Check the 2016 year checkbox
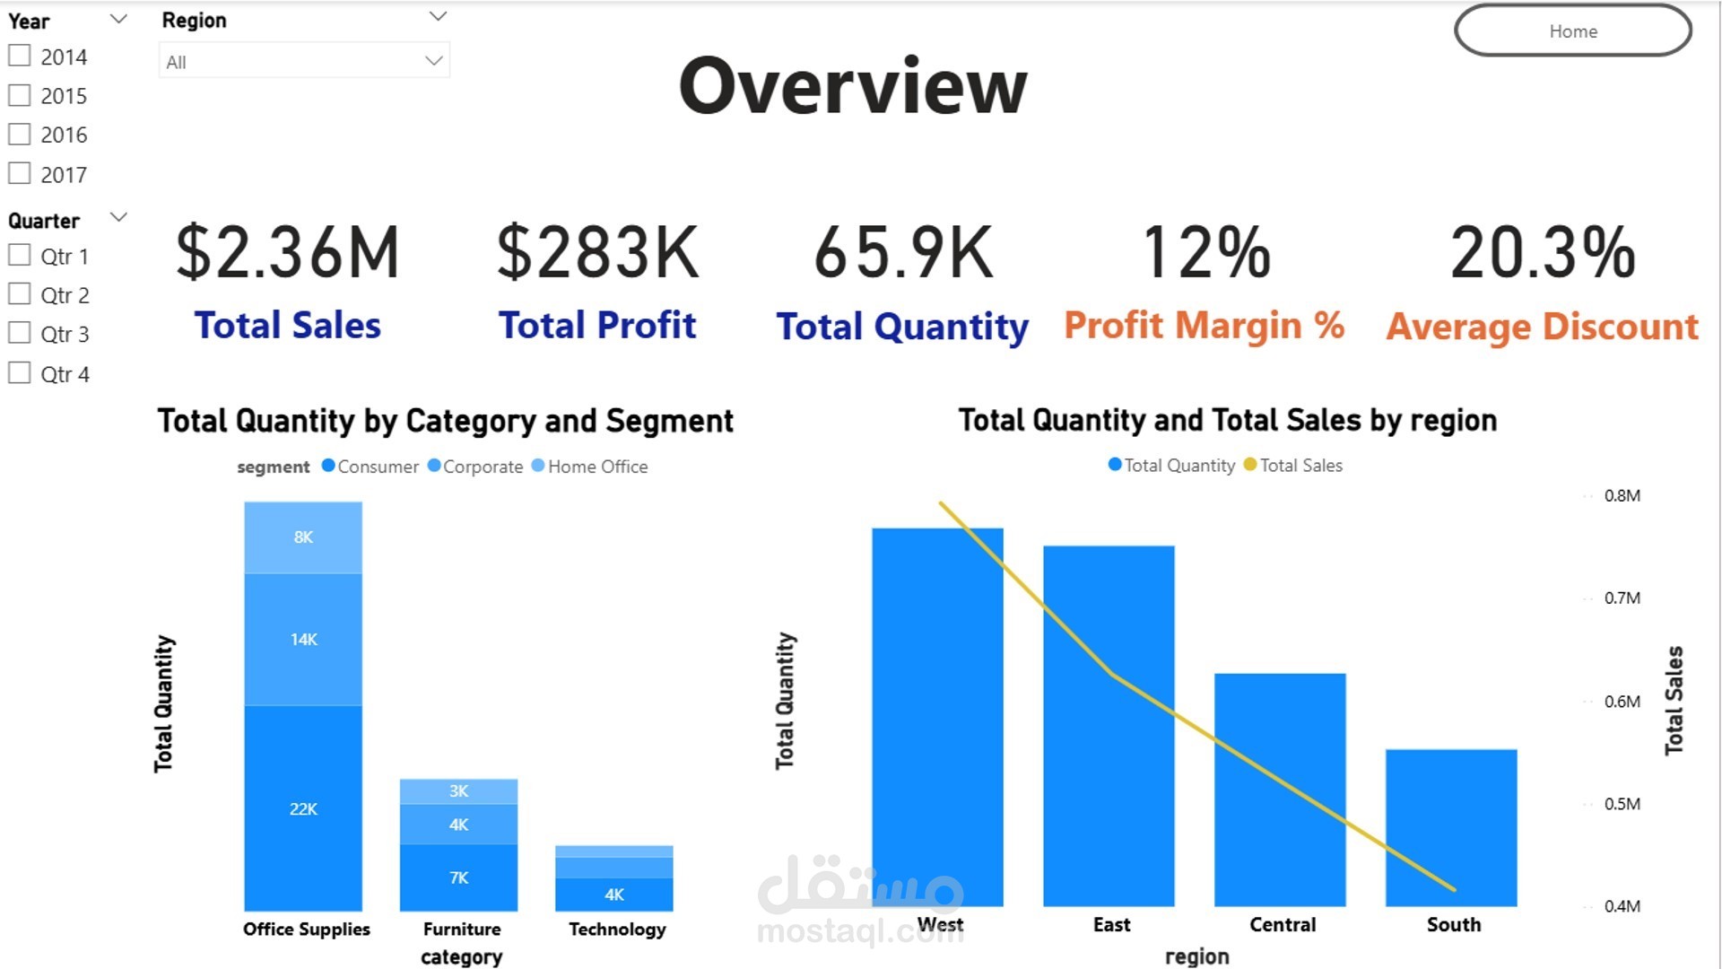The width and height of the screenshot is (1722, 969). click(x=20, y=135)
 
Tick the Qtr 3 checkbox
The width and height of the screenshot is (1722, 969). click(x=20, y=334)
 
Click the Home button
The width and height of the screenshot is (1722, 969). click(x=1572, y=31)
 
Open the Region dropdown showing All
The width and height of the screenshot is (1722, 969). click(x=304, y=61)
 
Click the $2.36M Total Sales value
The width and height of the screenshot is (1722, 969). click(x=287, y=253)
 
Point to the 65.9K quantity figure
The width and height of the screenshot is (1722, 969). click(x=903, y=253)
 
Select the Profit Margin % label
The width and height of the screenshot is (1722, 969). click(x=1204, y=326)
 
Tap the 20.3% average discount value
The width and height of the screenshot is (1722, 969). click(x=1543, y=253)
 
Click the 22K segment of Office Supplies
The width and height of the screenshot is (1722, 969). click(x=303, y=808)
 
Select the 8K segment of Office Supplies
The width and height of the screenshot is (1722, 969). click(x=303, y=537)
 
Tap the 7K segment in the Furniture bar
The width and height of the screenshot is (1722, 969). click(x=458, y=877)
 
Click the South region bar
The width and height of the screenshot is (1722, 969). click(x=1451, y=826)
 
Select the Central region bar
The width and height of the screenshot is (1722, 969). click(x=1280, y=789)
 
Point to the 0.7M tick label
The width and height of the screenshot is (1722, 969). click(x=1622, y=598)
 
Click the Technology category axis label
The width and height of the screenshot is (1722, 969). click(x=617, y=930)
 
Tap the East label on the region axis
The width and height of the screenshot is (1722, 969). click(x=1111, y=925)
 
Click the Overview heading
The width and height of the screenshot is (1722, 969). click(x=853, y=86)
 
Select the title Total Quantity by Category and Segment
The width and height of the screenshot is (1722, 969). click(x=445, y=421)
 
